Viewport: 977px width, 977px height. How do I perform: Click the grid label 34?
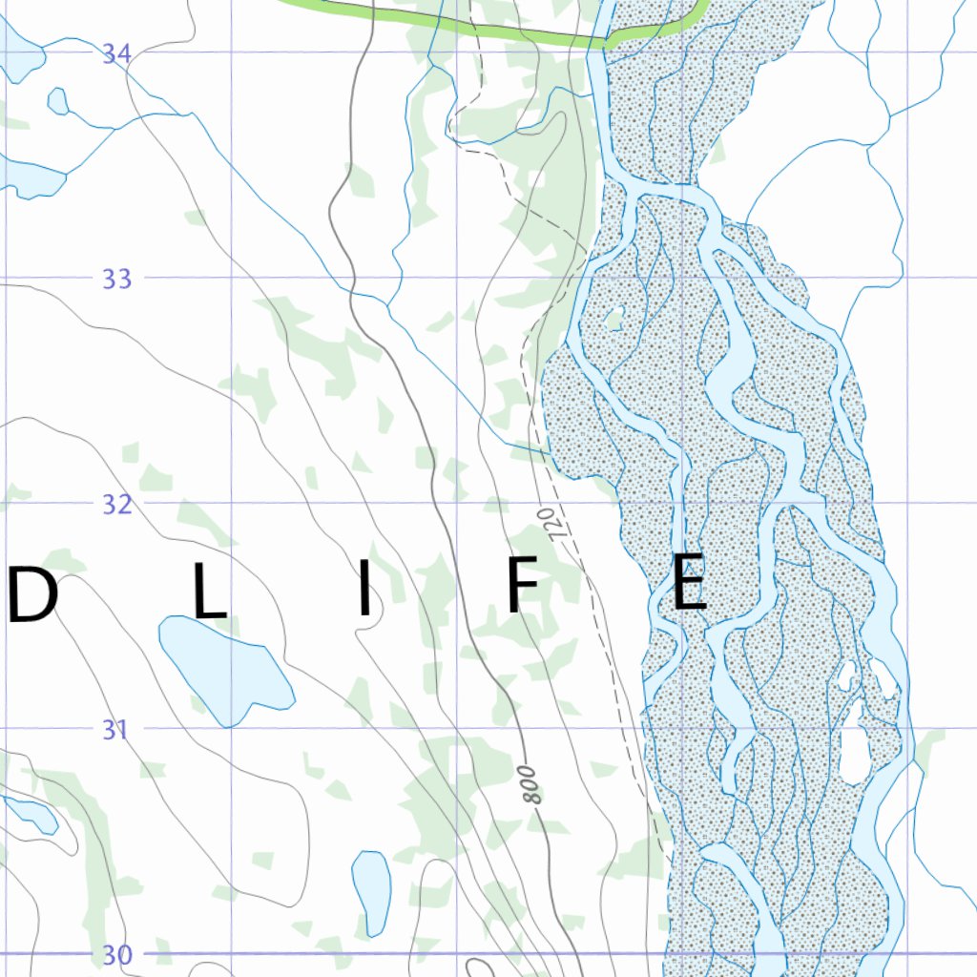click(116, 53)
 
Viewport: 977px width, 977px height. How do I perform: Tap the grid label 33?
click(116, 280)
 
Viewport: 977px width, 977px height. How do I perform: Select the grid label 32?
click(116, 505)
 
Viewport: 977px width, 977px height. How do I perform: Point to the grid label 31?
click(116, 730)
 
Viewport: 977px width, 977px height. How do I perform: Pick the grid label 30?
click(116, 955)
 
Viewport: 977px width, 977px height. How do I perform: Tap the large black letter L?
click(210, 594)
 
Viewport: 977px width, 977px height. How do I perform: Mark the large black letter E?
click(689, 582)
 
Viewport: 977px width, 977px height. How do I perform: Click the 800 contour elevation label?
click(532, 782)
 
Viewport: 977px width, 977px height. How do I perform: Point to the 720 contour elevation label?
click(549, 525)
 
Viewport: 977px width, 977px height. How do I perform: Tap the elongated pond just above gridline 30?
click(371, 892)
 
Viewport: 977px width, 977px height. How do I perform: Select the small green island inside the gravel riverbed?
click(614, 318)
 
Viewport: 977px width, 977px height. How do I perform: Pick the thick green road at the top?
click(477, 23)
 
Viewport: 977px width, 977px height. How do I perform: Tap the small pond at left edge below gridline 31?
click(31, 814)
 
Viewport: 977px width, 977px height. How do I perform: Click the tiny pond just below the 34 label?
click(57, 100)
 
